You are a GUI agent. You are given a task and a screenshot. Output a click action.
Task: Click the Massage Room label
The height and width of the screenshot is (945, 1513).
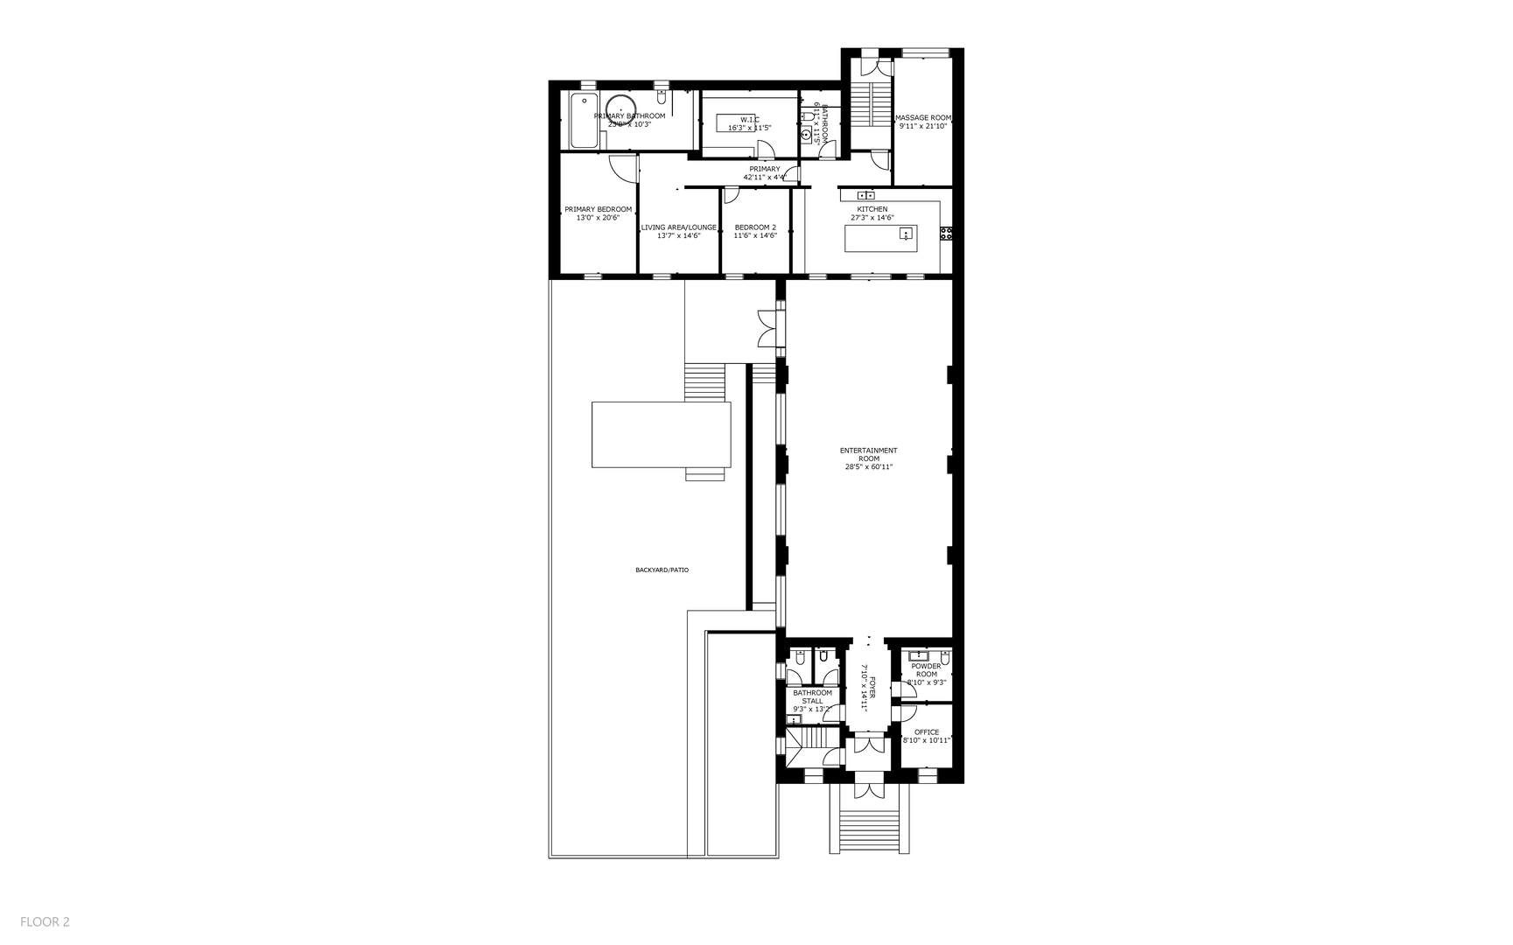[x=922, y=117]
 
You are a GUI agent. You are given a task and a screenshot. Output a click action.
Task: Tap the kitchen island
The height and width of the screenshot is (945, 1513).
[x=880, y=238]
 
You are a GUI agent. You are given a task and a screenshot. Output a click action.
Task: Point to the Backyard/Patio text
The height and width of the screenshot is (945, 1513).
[x=662, y=570]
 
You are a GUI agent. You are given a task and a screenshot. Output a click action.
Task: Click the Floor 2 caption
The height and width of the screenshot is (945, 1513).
[x=45, y=921]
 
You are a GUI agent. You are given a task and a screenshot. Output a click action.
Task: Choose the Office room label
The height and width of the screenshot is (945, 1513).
[x=926, y=732]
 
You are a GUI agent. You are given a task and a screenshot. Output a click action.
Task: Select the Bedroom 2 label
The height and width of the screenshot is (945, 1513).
[x=755, y=227]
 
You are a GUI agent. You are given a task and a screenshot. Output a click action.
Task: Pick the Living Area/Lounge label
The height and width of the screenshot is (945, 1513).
[x=678, y=227]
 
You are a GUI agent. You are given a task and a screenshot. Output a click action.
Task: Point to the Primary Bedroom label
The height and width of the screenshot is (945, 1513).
[x=598, y=209]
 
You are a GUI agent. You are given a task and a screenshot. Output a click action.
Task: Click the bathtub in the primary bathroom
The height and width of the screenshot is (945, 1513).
[x=582, y=122]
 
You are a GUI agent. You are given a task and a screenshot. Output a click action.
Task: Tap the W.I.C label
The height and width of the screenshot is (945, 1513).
[x=750, y=119]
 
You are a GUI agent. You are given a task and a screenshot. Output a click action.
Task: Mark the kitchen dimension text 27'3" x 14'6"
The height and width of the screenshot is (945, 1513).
[x=872, y=218]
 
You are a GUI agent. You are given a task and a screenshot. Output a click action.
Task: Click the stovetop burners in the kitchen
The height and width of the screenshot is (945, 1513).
[x=946, y=233]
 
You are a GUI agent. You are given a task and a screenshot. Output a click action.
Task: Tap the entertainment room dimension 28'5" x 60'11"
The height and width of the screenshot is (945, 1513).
[x=868, y=466]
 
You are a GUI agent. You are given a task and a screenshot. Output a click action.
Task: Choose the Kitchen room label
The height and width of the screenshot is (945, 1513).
[x=872, y=209]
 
